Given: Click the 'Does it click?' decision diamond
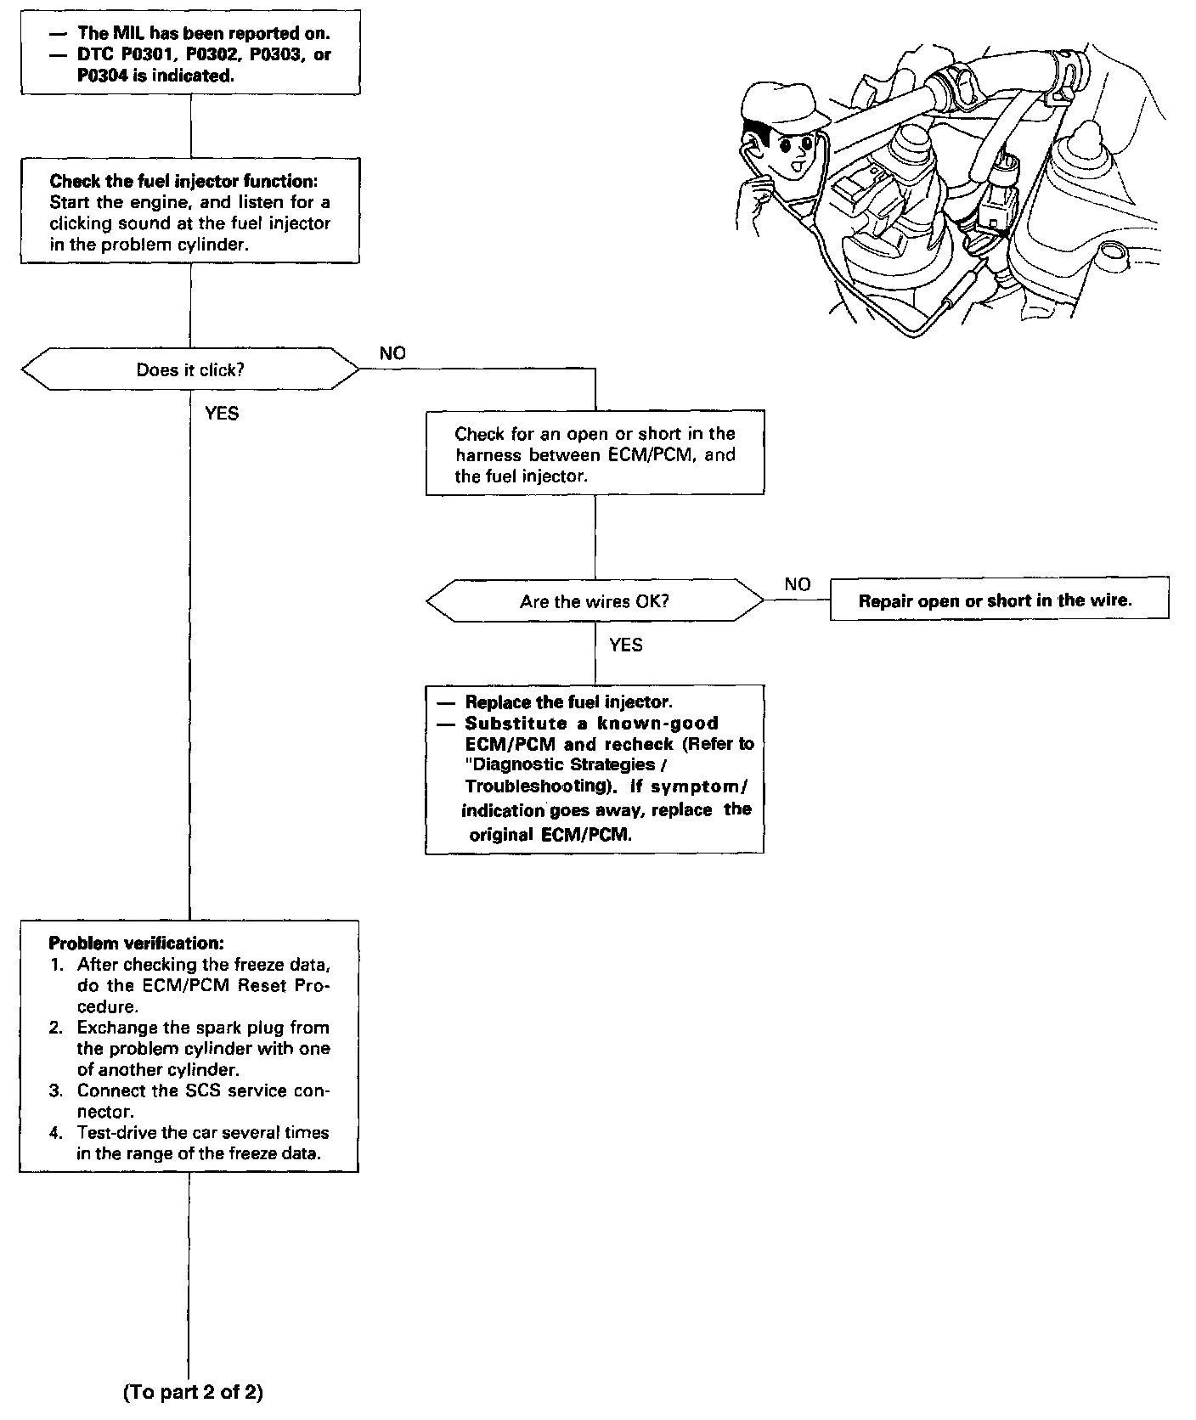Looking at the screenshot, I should coord(190,369).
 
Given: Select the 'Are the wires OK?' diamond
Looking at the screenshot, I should coord(595,601).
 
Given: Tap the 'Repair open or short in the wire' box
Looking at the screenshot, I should coord(999,599).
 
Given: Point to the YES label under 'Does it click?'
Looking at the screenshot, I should coord(222,414).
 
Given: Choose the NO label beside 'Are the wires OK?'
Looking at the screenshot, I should coord(798,584).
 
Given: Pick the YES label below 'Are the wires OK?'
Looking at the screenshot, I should coord(626,645).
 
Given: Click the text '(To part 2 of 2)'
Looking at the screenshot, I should coord(194,1392).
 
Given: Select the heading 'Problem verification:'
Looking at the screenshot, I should coord(137,943).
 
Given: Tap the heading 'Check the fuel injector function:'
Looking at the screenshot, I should coord(183,181).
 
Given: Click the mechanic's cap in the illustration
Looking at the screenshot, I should coord(777,102).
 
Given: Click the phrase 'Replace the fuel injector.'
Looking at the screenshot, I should coord(568,702).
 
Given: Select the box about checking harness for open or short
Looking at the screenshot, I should coord(595,454).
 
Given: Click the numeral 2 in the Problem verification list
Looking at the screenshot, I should coord(56,1028).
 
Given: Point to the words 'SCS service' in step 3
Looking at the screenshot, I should coord(234,1090).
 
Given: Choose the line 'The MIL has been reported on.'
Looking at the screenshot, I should coord(203,34).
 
